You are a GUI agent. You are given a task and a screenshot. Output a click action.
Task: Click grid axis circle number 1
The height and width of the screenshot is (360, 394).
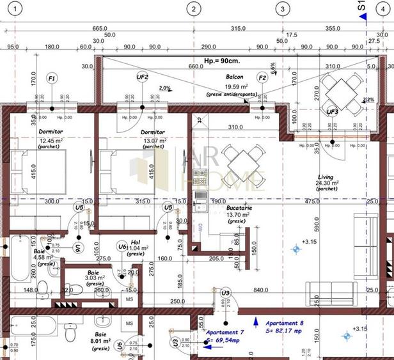[15, 8]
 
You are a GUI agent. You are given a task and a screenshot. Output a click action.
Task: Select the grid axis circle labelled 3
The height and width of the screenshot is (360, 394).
[281, 8]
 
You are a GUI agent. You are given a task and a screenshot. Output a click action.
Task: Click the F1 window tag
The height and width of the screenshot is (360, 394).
[52, 78]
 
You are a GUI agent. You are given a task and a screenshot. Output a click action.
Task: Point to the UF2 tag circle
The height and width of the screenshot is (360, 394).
[143, 77]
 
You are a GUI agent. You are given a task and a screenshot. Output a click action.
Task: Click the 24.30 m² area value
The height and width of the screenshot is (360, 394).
[327, 184]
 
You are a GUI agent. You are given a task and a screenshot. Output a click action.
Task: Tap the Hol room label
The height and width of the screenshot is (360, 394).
[135, 242]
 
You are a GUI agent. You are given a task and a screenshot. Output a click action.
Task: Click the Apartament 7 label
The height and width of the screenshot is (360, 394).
[225, 333]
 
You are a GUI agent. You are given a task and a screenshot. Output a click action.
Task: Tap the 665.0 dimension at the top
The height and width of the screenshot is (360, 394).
[99, 28]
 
